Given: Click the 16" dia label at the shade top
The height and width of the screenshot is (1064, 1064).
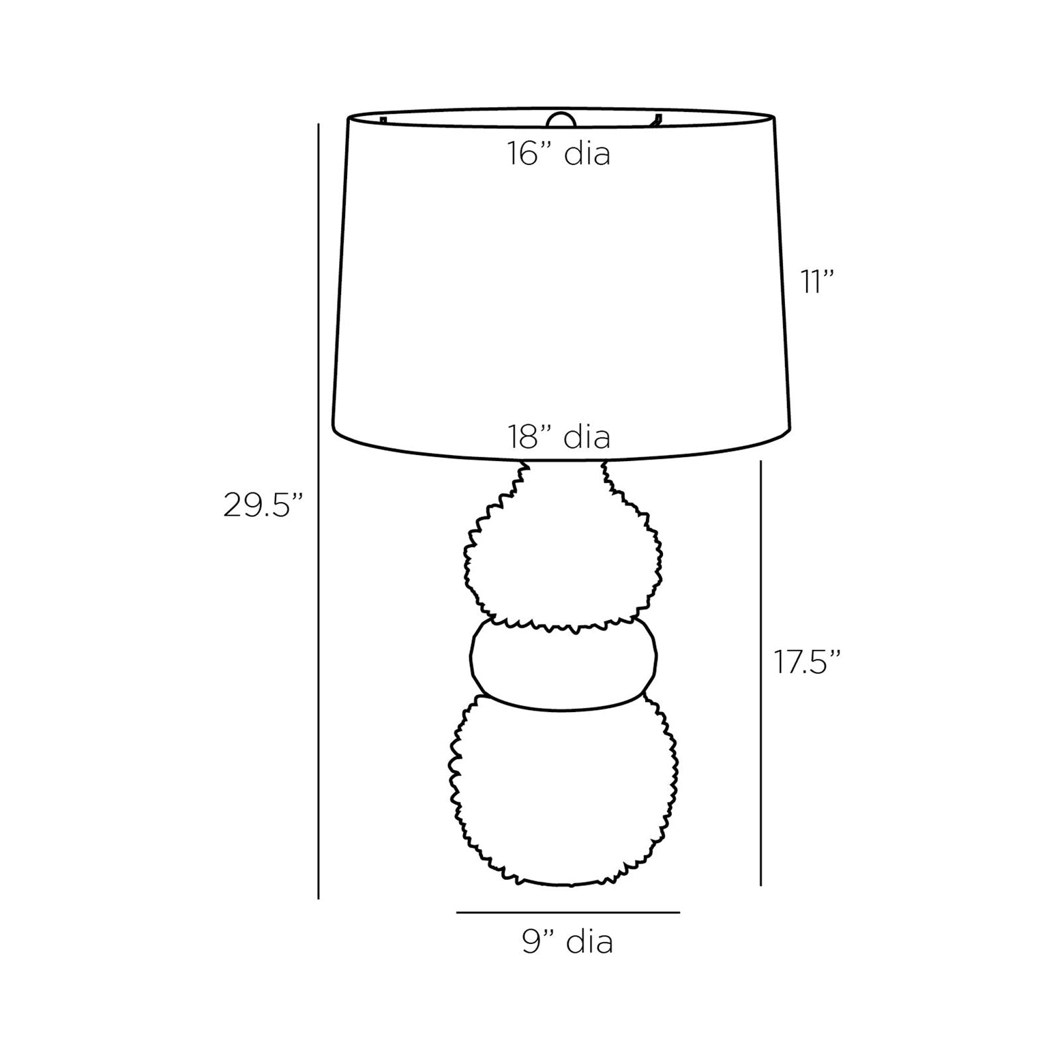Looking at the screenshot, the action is coord(558,154).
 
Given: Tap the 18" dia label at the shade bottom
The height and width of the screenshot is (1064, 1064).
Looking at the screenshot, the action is coord(558,437).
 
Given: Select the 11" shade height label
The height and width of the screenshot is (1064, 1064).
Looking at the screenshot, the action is coord(818,282).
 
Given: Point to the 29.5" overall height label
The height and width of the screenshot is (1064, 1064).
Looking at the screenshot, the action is coord(263,505).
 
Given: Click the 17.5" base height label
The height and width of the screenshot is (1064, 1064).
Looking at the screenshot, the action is coord(807,662).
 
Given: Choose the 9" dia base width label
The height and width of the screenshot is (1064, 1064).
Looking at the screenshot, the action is coord(567,941).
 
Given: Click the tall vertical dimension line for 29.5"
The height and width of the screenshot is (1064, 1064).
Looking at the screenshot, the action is coord(319,511).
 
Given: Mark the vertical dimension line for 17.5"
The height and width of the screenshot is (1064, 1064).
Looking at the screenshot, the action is coord(760,673).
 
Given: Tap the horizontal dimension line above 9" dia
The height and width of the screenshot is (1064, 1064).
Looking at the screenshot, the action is coord(568,912).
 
